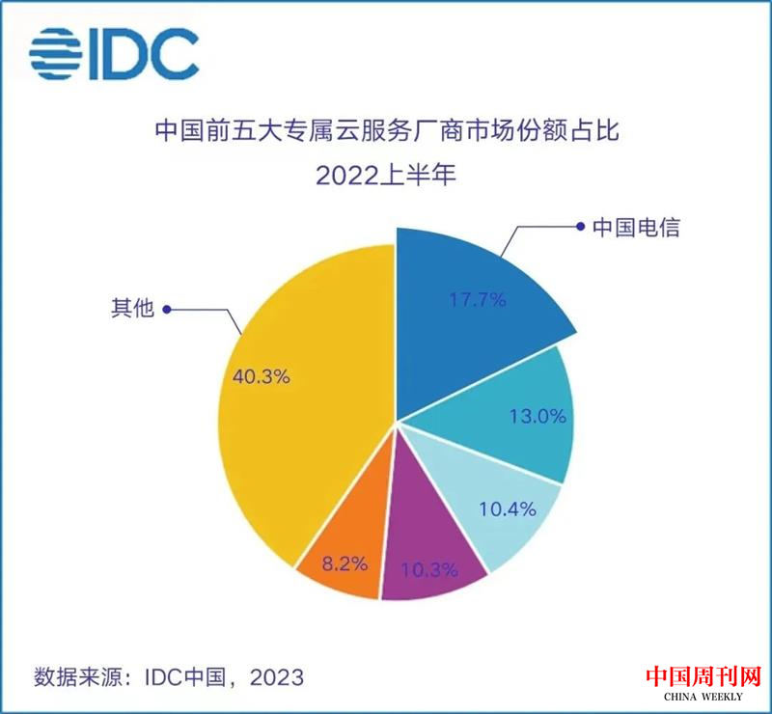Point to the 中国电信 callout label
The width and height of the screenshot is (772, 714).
tap(637, 229)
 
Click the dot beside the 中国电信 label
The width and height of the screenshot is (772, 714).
tap(580, 229)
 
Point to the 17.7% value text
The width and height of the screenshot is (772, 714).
tap(477, 300)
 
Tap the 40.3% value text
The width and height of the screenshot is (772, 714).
tap(262, 376)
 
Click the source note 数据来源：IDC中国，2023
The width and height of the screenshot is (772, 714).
tap(169, 675)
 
